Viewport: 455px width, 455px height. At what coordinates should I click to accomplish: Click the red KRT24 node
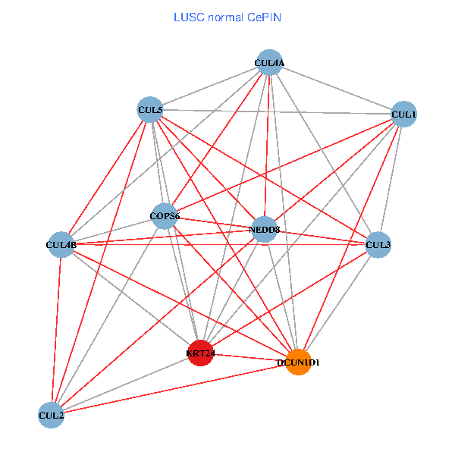coord(200,353)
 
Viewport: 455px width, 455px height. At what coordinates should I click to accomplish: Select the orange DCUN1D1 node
coord(300,362)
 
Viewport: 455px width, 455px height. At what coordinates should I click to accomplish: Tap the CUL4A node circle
coord(269,63)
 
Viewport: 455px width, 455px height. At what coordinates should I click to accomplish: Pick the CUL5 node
coord(150,111)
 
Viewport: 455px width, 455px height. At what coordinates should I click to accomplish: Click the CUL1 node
coord(403,115)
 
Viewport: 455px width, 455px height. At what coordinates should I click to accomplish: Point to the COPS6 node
coord(164,217)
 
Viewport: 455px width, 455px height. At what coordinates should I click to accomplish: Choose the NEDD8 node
coord(264,229)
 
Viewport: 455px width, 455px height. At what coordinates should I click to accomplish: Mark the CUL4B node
coord(61,245)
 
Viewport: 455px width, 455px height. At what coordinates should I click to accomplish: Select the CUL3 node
coord(378,245)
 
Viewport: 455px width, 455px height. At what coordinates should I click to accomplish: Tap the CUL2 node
coord(51,415)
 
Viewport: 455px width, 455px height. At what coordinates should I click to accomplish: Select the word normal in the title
coord(224,17)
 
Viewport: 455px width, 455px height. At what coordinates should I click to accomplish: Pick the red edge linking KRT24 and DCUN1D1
coord(250,357)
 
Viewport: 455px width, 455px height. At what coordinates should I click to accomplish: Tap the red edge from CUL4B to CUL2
coord(56,330)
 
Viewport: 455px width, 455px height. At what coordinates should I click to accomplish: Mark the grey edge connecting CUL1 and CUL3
coord(391,180)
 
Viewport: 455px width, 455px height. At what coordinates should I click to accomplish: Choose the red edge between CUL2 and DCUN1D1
coord(175,388)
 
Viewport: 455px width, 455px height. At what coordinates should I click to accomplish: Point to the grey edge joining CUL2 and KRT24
coord(125,384)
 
